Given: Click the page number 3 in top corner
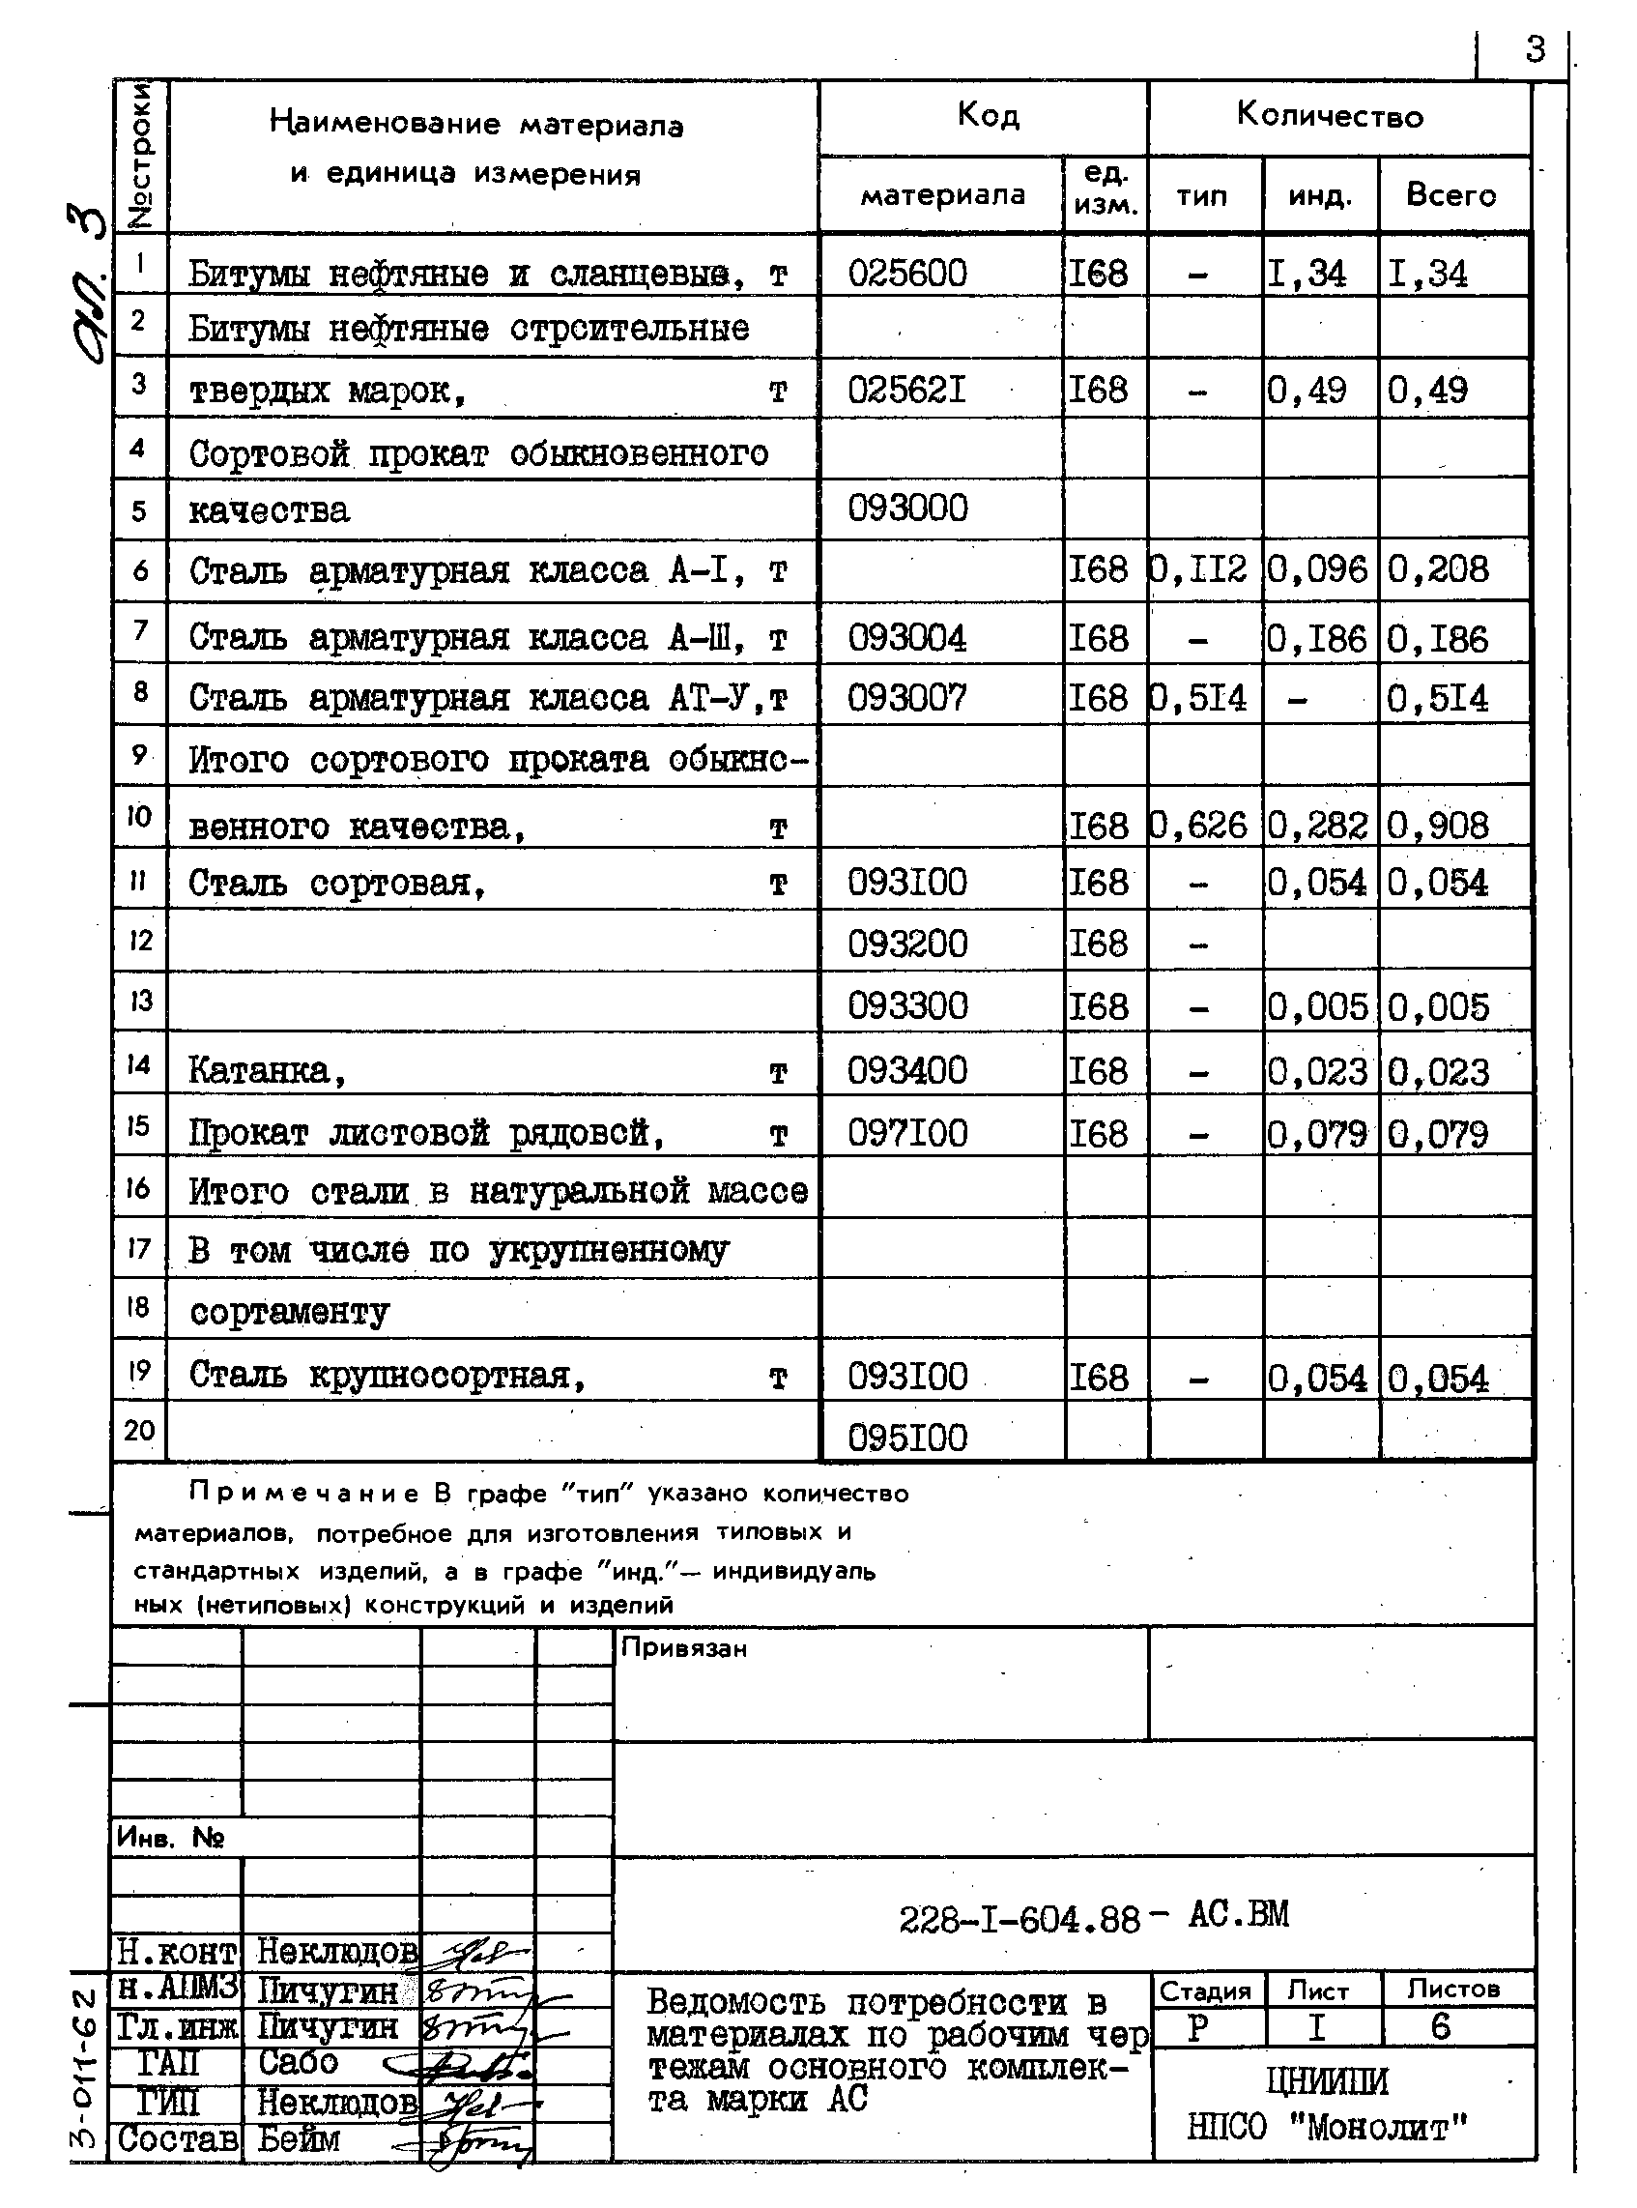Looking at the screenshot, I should pos(1534,48).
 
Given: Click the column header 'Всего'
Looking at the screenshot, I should pos(1450,194).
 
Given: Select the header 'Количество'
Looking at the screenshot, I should pos(1329,116).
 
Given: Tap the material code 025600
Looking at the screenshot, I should pos(906,273).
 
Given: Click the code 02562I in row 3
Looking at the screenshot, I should pos(906,391).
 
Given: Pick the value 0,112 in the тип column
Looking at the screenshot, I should pos(1201,568).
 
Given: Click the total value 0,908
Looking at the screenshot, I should pos(1439,826).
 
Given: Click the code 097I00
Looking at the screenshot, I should pos(906,1133).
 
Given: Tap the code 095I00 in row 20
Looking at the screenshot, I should pos(906,1437).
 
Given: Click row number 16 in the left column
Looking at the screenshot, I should pos(139,1187).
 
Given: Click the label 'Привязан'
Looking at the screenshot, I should pos(684,1648).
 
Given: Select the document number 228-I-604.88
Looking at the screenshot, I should pos(1020,1920).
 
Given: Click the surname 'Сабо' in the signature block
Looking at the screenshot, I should pos(299,2062).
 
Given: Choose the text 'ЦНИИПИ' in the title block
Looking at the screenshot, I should pos(1327,2080).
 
